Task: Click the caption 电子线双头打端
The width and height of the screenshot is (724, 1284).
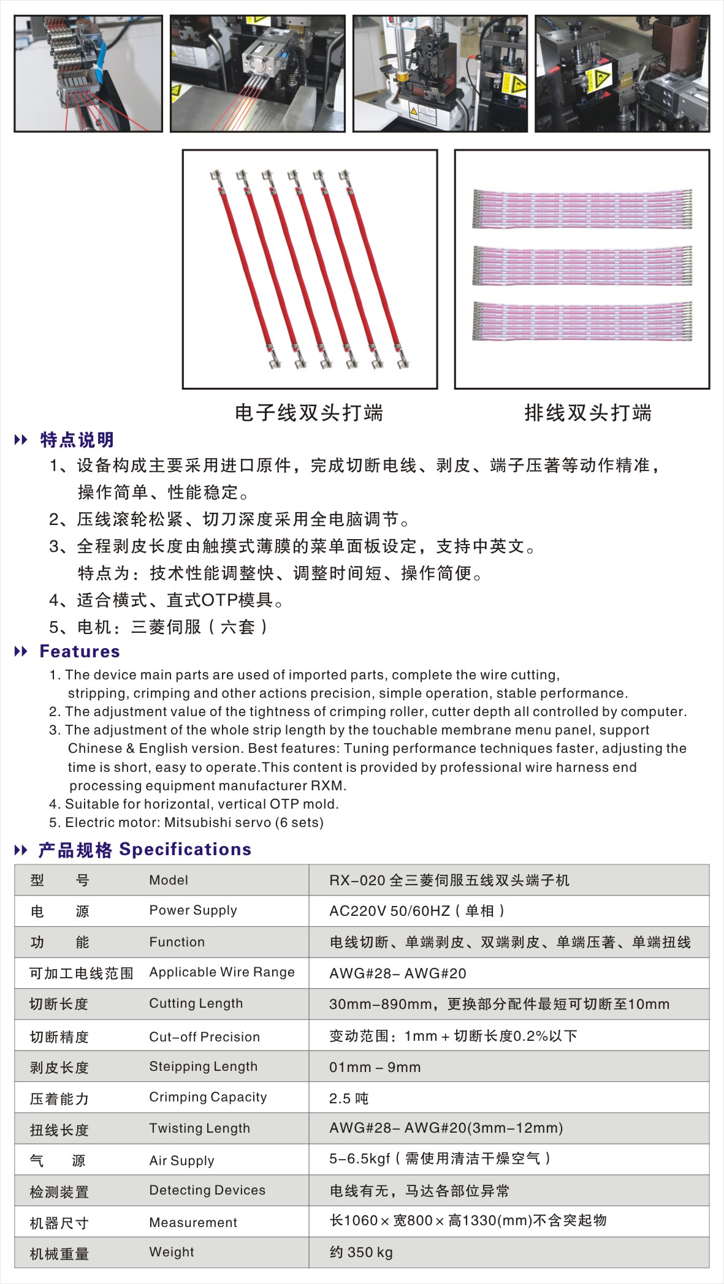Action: pos(309,413)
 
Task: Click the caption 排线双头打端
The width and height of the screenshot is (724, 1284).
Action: pos(587,413)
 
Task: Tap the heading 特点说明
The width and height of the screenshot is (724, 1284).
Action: pos(77,440)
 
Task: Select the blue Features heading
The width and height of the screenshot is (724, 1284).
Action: pos(80,651)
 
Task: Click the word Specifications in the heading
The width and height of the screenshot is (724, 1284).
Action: pos(185,849)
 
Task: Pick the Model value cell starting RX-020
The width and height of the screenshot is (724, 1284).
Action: pos(449,880)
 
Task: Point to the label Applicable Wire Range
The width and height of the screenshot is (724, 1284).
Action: pos(222,972)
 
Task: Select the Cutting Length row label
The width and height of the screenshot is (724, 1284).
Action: pos(196,1003)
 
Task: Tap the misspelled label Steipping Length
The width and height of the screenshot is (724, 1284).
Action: pos(203,1067)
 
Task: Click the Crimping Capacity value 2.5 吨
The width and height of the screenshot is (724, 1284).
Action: pos(349,1098)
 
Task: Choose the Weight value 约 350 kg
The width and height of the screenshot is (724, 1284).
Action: pos(360,1252)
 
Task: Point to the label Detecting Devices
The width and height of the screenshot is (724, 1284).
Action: pos(207,1190)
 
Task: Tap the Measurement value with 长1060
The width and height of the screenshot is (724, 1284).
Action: pos(468,1220)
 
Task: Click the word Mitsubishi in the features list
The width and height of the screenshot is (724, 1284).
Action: pos(194,822)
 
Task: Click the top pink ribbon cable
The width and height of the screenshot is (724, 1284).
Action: pos(582,209)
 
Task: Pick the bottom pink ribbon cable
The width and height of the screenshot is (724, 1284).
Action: pos(582,320)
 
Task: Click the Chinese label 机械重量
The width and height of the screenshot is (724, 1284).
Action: pos(59,1253)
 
